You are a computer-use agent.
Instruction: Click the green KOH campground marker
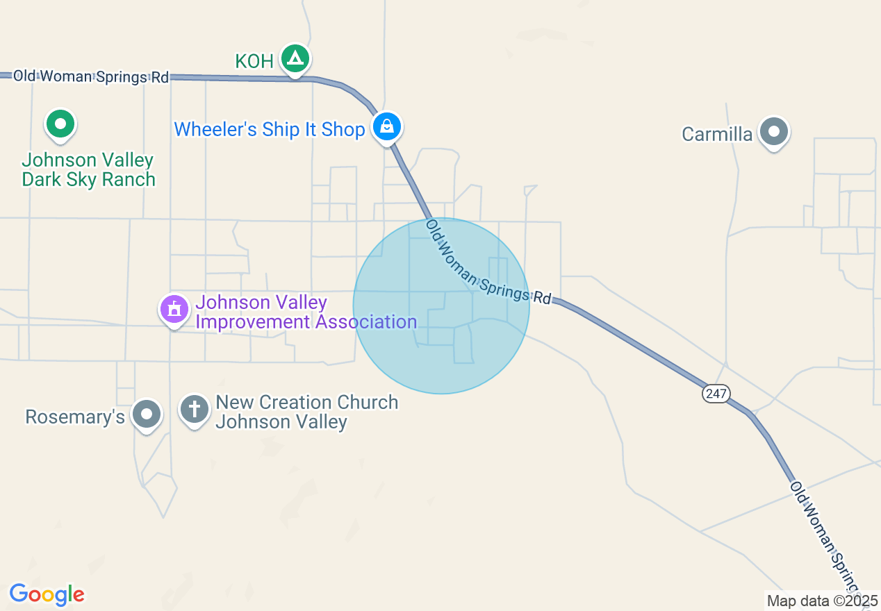pyautogui.click(x=295, y=58)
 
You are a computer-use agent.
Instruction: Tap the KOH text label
pyautogui.click(x=254, y=61)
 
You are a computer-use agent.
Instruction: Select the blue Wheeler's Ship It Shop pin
pyautogui.click(x=386, y=127)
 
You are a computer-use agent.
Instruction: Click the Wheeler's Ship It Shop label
pyautogui.click(x=270, y=129)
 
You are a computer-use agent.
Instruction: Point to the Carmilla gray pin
pyautogui.click(x=773, y=131)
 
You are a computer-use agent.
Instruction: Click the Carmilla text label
pyautogui.click(x=717, y=134)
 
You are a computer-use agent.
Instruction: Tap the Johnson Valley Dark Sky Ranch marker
pyautogui.click(x=60, y=125)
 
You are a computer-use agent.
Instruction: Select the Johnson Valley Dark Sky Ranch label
pyautogui.click(x=88, y=170)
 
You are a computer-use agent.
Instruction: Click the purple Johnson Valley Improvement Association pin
pyautogui.click(x=174, y=309)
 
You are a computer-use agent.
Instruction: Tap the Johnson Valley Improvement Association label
pyautogui.click(x=306, y=312)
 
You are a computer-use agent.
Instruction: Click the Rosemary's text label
pyautogui.click(x=75, y=417)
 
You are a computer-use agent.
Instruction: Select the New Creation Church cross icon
pyautogui.click(x=195, y=410)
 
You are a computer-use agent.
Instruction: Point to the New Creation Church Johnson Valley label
pyautogui.click(x=306, y=412)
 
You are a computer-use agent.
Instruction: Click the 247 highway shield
pyautogui.click(x=716, y=394)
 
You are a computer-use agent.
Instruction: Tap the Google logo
pyautogui.click(x=47, y=594)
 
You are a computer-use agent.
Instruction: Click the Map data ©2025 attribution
pyautogui.click(x=821, y=601)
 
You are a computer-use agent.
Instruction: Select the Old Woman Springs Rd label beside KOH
pyautogui.click(x=91, y=76)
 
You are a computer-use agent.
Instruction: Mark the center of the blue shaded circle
pyautogui.click(x=441, y=306)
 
